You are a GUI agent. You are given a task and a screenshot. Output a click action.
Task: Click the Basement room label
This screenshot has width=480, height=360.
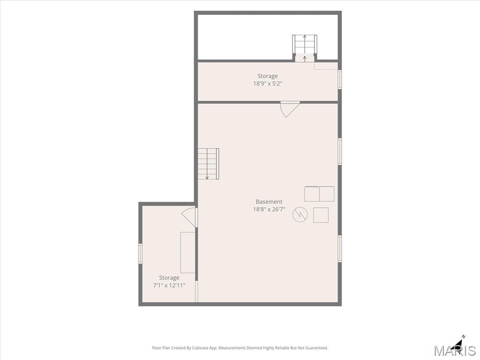click(269, 202)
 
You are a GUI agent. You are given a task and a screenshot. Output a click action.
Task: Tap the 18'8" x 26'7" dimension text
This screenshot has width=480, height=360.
click(269, 210)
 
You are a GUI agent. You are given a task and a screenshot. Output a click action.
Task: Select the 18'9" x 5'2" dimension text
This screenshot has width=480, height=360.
click(267, 83)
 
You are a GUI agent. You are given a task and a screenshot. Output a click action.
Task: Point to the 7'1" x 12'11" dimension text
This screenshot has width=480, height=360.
click(169, 285)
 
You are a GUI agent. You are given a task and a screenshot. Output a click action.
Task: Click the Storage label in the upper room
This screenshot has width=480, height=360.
click(267, 76)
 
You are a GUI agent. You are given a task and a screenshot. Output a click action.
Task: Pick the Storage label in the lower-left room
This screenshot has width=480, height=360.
click(169, 277)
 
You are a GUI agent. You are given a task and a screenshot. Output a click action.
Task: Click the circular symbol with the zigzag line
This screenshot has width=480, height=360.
click(300, 214)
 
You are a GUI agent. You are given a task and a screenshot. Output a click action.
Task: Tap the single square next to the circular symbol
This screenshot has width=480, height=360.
click(321, 215)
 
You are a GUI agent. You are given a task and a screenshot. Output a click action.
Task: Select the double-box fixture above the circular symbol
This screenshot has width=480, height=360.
click(319, 194)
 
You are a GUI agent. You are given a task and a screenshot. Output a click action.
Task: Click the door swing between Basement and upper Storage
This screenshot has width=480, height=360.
click(289, 109)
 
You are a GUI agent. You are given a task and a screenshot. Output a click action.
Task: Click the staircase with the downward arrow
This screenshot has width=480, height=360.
click(208, 164)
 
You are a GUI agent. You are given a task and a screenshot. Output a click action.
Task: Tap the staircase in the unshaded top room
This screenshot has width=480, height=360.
click(305, 48)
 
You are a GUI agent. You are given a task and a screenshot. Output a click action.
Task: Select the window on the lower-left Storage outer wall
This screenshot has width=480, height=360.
click(141, 254)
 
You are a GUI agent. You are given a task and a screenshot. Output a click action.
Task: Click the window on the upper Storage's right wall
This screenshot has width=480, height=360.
click(339, 80)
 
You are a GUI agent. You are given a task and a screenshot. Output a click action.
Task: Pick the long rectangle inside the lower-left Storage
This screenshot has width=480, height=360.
click(187, 252)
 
